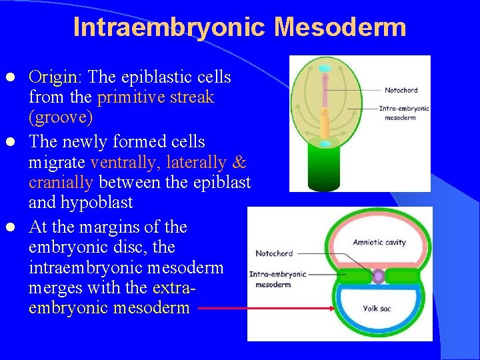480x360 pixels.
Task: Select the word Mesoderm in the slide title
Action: tap(340, 27)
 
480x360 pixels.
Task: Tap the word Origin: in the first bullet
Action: tap(56, 77)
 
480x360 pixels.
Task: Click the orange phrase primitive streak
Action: tap(155, 97)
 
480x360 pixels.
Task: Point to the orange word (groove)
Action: tap(61, 117)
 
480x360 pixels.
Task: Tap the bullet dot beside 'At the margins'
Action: tap(19, 227)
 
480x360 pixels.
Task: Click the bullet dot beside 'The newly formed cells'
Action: tap(19, 142)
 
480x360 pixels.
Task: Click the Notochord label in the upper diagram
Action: tap(401, 90)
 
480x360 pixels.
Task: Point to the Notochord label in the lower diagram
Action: tap(273, 253)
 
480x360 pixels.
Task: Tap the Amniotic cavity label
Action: tap(379, 242)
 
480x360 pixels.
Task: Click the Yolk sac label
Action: tap(377, 308)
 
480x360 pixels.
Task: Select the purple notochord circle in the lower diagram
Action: tap(379, 275)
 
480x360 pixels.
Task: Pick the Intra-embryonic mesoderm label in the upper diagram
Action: tap(404, 113)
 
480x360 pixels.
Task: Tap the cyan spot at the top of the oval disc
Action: tap(325, 69)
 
